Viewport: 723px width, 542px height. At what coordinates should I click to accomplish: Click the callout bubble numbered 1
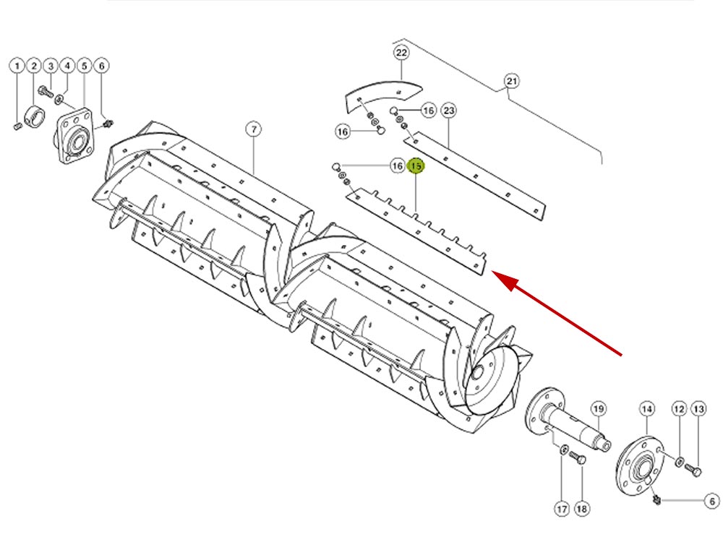coord(17,66)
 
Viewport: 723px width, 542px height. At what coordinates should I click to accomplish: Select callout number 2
coord(34,66)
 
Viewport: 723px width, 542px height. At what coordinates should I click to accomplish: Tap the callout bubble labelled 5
coord(85,66)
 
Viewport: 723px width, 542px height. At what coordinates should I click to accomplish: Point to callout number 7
coord(254,129)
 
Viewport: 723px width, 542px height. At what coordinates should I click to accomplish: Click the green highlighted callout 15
coord(416,166)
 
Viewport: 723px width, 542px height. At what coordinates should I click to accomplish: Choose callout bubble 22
coord(401,53)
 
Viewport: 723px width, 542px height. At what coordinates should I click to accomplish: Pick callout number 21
coord(512,81)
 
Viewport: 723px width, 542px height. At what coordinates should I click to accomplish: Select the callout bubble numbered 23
coord(449,111)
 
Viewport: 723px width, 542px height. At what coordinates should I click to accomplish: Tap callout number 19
coord(599,409)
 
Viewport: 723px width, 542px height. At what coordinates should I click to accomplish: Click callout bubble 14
coord(647,409)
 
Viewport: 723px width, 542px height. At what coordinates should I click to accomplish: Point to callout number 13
coord(699,409)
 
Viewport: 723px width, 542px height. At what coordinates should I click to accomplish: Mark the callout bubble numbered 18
coord(582,508)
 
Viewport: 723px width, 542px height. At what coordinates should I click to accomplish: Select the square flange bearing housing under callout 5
coord(76,136)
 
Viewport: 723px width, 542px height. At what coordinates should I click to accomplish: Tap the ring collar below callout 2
coord(35,116)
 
